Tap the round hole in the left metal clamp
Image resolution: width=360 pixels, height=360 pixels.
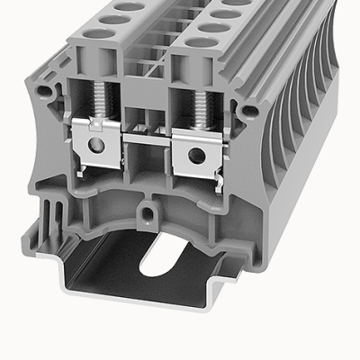93,147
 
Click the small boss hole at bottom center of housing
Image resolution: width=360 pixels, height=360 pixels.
144,215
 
